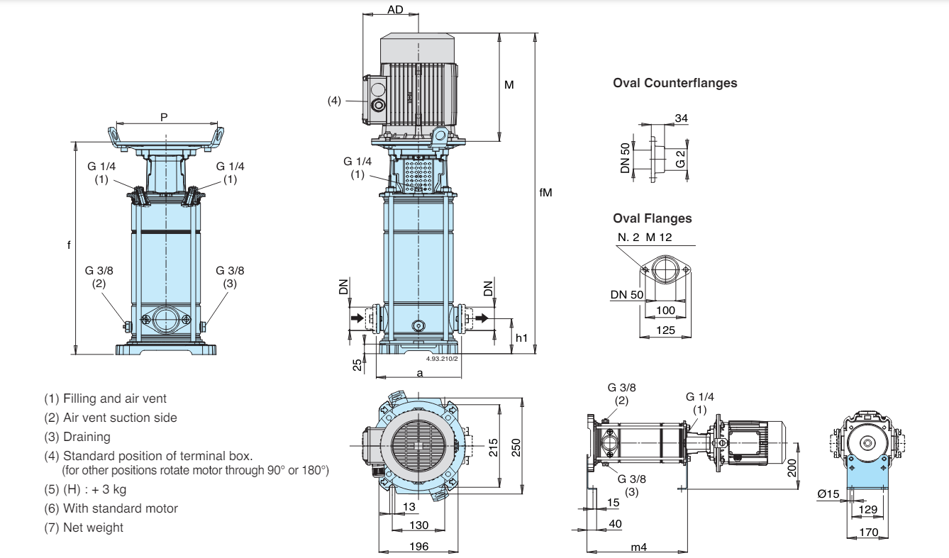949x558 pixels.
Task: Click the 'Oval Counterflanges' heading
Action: (x=675, y=83)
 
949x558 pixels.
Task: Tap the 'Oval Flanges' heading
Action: (x=652, y=218)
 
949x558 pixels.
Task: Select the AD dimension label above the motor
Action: (x=395, y=9)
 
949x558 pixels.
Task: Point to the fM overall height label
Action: (x=545, y=193)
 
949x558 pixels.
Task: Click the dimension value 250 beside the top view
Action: (x=516, y=447)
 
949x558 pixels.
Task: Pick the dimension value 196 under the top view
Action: (x=418, y=547)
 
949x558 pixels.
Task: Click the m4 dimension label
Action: (x=638, y=547)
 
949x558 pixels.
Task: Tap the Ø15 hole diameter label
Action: (x=828, y=494)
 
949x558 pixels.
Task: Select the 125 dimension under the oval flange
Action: (x=665, y=330)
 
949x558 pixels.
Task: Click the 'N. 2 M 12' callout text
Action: (x=645, y=238)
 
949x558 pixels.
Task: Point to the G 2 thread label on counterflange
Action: (x=680, y=159)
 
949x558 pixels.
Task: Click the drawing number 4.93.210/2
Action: (x=442, y=359)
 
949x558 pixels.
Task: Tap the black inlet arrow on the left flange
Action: (x=357, y=318)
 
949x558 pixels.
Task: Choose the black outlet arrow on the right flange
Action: (x=482, y=318)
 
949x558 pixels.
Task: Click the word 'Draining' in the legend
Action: (x=87, y=437)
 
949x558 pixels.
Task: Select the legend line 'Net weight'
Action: (x=84, y=528)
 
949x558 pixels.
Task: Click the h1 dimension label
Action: (x=521, y=337)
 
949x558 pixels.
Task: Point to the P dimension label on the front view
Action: (x=164, y=117)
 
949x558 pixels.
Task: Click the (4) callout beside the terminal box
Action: (x=334, y=101)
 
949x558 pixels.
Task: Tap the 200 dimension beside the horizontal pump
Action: (x=792, y=467)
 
